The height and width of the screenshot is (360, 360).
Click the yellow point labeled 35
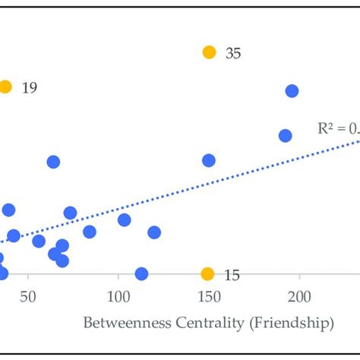[x=209, y=52]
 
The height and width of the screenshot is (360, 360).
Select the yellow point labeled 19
[x=5, y=87]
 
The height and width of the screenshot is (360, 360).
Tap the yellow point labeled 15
[x=207, y=274]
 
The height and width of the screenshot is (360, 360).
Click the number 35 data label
[x=233, y=54]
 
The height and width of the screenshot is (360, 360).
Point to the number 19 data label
[x=30, y=88]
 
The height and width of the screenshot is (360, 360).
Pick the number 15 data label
[x=232, y=275]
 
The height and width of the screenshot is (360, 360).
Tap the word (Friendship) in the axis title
[x=291, y=324]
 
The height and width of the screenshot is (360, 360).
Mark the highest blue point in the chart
[x=292, y=91]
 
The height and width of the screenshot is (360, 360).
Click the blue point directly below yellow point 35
[x=208, y=160]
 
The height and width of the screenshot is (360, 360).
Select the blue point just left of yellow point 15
[x=141, y=273]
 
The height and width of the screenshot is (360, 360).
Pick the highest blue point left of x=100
[x=53, y=162]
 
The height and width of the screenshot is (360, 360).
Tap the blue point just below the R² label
[x=285, y=136]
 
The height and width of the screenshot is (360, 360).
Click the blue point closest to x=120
[x=154, y=232]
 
